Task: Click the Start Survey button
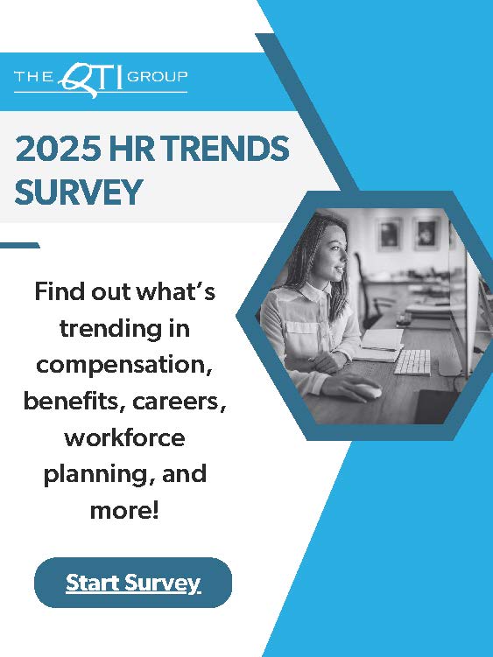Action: click(133, 583)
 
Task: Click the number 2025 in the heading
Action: click(58, 149)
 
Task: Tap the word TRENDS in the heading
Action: click(225, 149)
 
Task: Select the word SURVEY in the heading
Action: click(79, 192)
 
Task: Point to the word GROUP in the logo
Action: click(158, 76)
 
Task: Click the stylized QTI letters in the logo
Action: click(90, 79)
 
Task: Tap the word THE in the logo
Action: click(34, 76)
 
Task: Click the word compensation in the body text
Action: click(124, 365)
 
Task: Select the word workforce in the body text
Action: click(124, 438)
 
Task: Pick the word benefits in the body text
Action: click(75, 401)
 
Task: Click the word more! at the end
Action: click(124, 510)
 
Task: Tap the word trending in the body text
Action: click(111, 329)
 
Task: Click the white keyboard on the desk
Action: click(412, 362)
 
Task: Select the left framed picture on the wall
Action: click(389, 234)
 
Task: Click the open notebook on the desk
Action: click(380, 345)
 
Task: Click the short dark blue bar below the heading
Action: click(20, 246)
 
